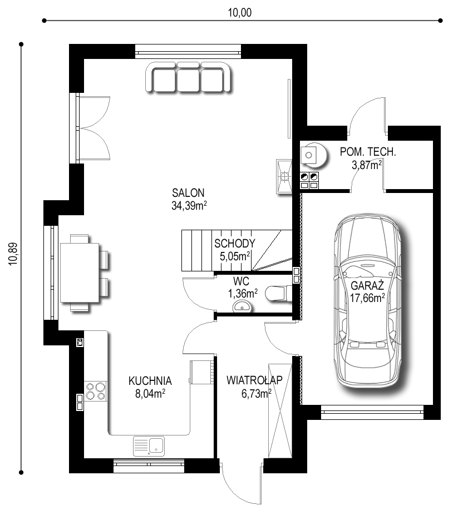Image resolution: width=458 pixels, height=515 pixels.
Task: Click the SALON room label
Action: [188, 192]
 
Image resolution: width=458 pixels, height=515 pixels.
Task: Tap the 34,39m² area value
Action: [189, 206]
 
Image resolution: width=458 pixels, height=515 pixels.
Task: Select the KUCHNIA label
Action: [150, 380]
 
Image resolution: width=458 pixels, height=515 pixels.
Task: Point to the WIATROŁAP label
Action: [255, 380]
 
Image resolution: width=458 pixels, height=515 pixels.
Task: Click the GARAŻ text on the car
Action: [367, 285]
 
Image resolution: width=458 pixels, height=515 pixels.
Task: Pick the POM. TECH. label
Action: [368, 152]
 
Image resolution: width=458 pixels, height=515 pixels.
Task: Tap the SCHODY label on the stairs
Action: [235, 244]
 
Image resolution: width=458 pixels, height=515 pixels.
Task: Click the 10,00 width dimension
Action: [240, 12]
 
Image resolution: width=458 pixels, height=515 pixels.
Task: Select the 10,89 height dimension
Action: [13, 254]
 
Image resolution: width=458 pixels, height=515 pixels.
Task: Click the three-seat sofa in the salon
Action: [189, 77]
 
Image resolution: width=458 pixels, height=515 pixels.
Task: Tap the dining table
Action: [80, 273]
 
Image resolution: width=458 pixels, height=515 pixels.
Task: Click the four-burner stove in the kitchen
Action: [96, 391]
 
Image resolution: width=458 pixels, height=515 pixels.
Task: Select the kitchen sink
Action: [149, 446]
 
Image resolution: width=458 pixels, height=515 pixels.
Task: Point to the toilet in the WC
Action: [278, 293]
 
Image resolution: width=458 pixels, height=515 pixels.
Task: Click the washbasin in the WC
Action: [243, 307]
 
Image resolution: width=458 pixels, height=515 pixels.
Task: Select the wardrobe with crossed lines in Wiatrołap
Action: [280, 411]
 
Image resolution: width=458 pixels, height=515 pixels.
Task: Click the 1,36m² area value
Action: [243, 293]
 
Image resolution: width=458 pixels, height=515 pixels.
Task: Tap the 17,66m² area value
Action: [367, 298]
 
